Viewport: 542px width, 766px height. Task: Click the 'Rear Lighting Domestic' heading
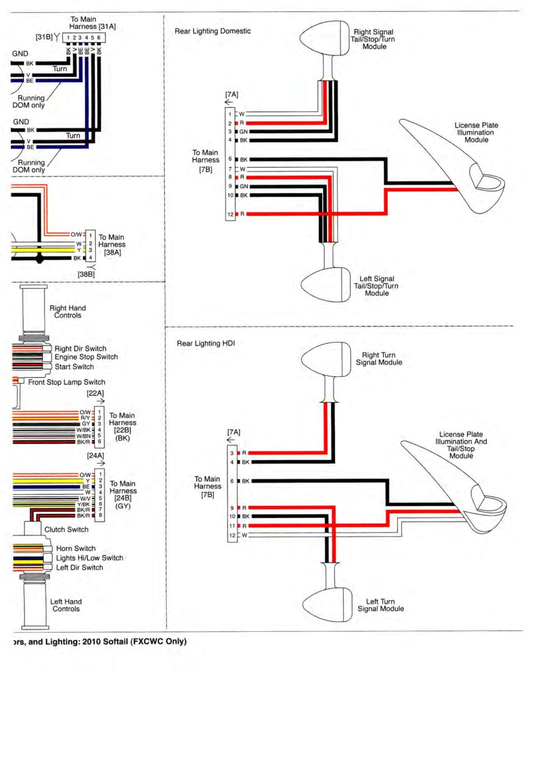[x=212, y=31]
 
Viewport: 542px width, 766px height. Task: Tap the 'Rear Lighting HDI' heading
[x=206, y=343]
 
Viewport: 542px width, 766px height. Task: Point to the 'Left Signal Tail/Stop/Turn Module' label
[x=376, y=286]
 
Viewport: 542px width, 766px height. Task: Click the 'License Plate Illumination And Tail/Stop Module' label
[x=461, y=445]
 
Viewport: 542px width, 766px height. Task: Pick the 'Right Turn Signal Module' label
[x=379, y=359]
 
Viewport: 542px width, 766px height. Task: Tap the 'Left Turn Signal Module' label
[x=381, y=605]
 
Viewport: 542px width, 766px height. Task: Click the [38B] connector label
[x=86, y=274]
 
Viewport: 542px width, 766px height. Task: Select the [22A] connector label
[x=95, y=393]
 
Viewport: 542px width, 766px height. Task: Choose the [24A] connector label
[x=95, y=455]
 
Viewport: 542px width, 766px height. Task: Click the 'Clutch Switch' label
[x=66, y=530]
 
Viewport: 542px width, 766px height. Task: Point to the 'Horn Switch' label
[x=76, y=548]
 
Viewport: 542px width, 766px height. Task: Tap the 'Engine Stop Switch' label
[x=86, y=356]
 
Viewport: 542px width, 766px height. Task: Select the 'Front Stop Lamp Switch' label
[x=66, y=382]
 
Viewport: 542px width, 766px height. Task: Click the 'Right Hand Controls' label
[x=68, y=312]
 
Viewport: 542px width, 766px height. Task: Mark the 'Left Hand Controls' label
[x=66, y=605]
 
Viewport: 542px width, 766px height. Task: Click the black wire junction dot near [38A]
[x=40, y=259]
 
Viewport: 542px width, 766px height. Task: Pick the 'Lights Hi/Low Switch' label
[x=90, y=558]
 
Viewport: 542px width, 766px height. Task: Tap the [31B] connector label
[x=44, y=37]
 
